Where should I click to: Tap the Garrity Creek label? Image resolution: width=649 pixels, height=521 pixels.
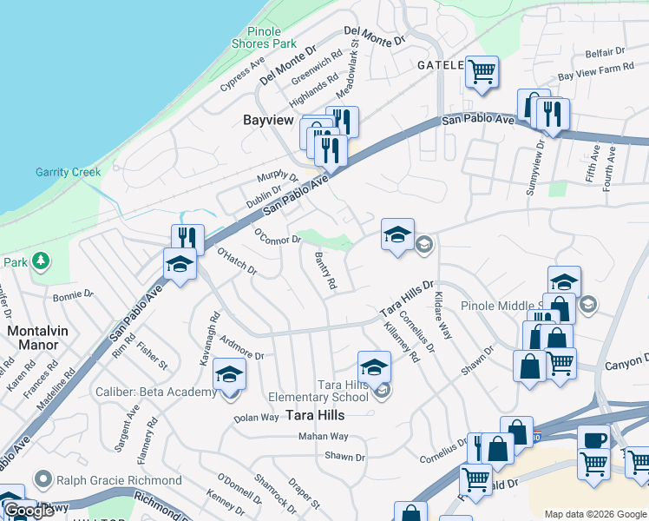point(69,172)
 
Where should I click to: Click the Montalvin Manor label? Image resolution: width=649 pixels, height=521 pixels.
point(33,338)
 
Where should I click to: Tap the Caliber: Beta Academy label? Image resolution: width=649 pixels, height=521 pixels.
point(156,392)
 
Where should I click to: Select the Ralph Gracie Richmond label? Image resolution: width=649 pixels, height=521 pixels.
point(119,480)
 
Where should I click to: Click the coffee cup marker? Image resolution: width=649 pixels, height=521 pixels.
point(594,439)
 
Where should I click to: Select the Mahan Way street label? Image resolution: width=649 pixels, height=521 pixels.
point(324,437)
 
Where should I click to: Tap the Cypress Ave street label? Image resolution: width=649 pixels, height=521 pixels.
point(242,75)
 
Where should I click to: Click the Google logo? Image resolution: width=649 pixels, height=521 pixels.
point(29,511)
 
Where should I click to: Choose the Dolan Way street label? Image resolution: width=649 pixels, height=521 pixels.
point(256,418)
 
